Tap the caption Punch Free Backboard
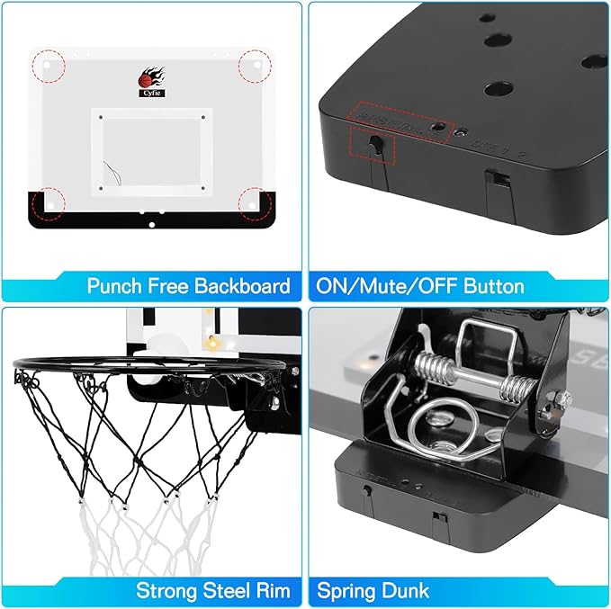coord(189,286)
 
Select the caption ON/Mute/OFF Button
coord(419,286)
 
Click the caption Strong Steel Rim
coord(213,590)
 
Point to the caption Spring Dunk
coord(373,590)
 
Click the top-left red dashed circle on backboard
coord(49,66)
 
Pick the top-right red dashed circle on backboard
coord(255,66)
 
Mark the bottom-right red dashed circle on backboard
coord(254,202)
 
